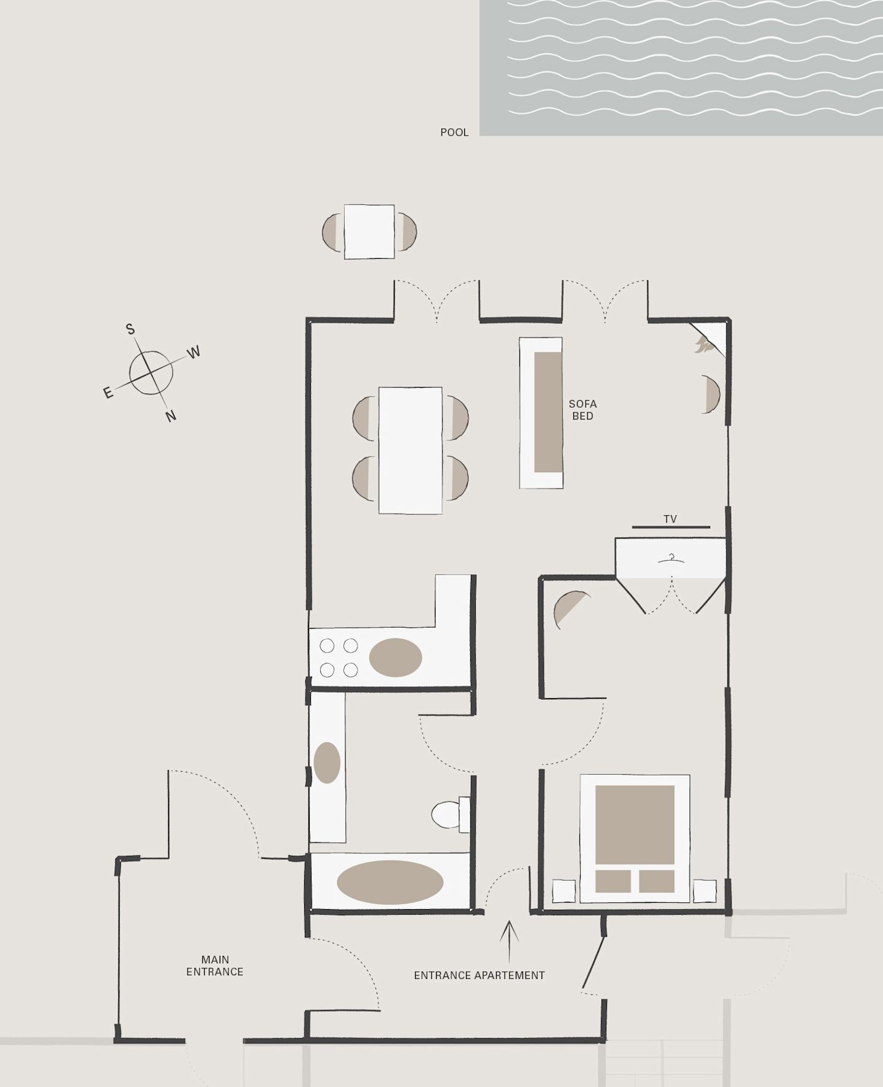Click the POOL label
tap(454, 133)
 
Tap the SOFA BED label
tap(583, 410)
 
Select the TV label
tap(670, 519)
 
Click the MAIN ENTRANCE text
tap(215, 966)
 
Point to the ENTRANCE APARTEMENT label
tap(480, 975)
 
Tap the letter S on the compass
tap(131, 329)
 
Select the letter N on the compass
tap(171, 416)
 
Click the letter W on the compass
tap(194, 352)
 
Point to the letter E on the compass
tap(109, 393)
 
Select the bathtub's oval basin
tap(390, 882)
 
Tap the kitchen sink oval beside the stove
tap(396, 658)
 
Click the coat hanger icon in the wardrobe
tap(671, 558)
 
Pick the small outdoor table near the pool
tap(369, 232)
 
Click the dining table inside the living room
tap(410, 450)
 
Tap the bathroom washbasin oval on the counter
tap(327, 762)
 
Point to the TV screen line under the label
tap(671, 527)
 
